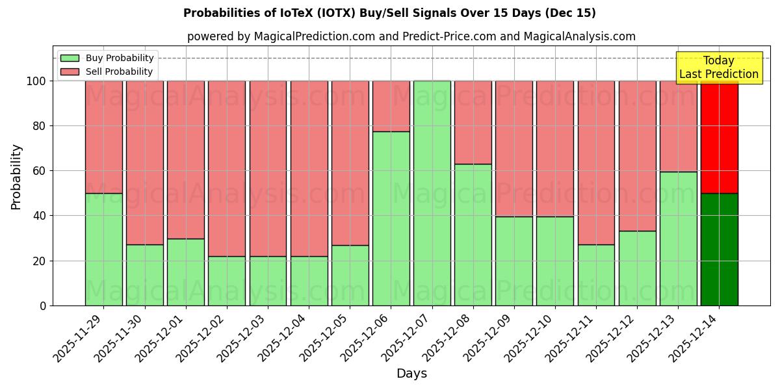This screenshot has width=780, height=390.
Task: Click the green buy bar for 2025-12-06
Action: pos(391,218)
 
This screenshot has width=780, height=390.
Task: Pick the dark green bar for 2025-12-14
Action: pos(720,250)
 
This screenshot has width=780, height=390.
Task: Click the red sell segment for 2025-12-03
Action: pos(268,168)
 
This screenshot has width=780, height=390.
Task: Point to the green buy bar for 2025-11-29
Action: pos(104,250)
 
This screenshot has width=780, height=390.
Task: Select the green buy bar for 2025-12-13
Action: pos(679,239)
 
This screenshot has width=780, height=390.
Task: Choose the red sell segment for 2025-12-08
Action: pos(473,122)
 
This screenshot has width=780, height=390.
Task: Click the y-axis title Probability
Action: pos(16,177)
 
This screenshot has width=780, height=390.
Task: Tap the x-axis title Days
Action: pos(411,374)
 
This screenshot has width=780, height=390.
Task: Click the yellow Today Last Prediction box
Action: pos(719,68)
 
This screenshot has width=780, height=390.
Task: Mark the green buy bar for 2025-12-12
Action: pos(638,268)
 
